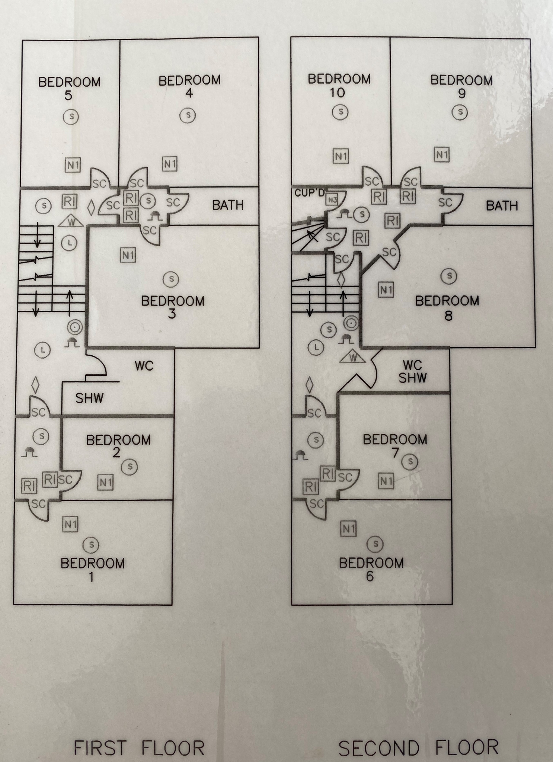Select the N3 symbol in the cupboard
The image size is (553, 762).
tap(332, 200)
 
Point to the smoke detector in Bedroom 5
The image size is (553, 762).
tap(71, 117)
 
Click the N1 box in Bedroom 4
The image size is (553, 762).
tap(170, 164)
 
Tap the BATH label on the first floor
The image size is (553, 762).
tap(228, 205)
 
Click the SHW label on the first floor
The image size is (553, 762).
tap(89, 398)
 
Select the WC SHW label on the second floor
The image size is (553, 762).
tap(412, 371)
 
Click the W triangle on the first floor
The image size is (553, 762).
tap(71, 222)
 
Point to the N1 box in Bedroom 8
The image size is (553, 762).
tap(386, 289)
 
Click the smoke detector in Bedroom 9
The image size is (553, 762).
tap(460, 112)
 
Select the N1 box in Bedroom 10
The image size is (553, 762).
tap(341, 156)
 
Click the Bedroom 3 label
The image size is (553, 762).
tap(173, 307)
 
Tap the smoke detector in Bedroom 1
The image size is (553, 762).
tap(91, 545)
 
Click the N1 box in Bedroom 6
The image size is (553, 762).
tap(348, 528)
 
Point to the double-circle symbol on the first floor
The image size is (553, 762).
tap(75, 327)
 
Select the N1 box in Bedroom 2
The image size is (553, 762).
tap(105, 483)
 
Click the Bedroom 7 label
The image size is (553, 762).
tap(395, 446)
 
